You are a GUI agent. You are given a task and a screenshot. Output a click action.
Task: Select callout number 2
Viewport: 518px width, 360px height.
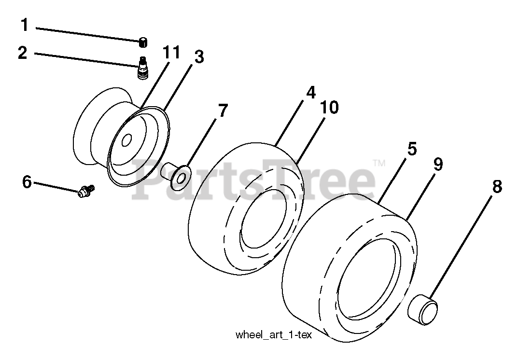23,52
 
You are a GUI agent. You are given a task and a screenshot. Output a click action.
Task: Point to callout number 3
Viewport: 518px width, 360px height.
199,57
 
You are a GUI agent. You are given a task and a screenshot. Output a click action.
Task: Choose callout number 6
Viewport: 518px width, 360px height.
27,182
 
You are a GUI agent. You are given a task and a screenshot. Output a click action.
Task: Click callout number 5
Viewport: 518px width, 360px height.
411,149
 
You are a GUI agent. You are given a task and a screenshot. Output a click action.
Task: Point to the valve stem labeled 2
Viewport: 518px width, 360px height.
143,68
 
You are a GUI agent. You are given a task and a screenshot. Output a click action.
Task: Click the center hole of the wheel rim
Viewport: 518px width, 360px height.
126,140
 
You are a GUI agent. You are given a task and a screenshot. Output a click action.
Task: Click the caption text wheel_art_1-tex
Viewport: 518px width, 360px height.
273,335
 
